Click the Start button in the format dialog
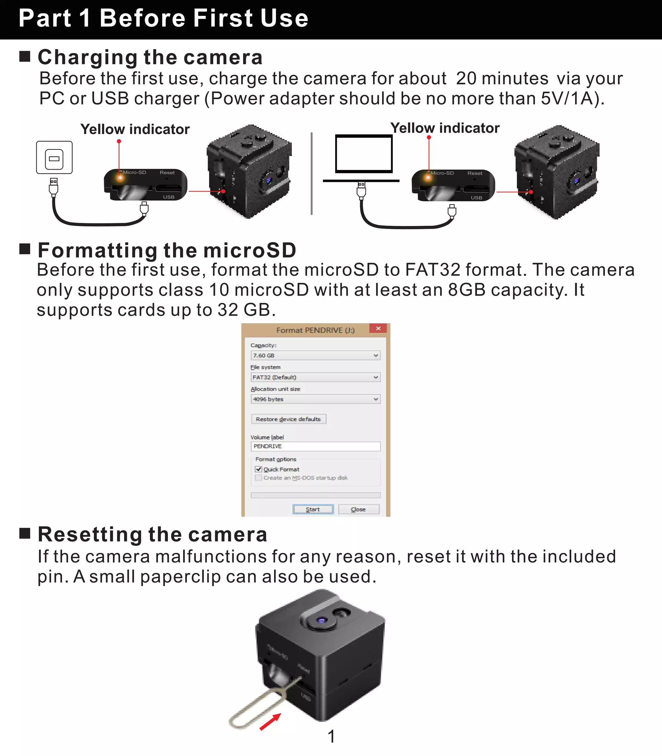[x=313, y=509]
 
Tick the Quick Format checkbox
[x=259, y=469]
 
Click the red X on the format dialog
[x=378, y=328]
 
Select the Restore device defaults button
[x=289, y=419]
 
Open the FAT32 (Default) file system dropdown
[x=315, y=377]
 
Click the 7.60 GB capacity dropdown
[x=315, y=356]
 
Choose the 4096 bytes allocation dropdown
[x=315, y=399]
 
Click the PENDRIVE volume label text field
[x=315, y=446]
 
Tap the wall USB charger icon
[x=54, y=158]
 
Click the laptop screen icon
[x=364, y=154]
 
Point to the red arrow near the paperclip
[x=270, y=721]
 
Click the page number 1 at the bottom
[x=331, y=736]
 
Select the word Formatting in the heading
[x=98, y=250]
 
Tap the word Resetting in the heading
[x=90, y=534]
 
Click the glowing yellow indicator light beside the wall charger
[x=120, y=178]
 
